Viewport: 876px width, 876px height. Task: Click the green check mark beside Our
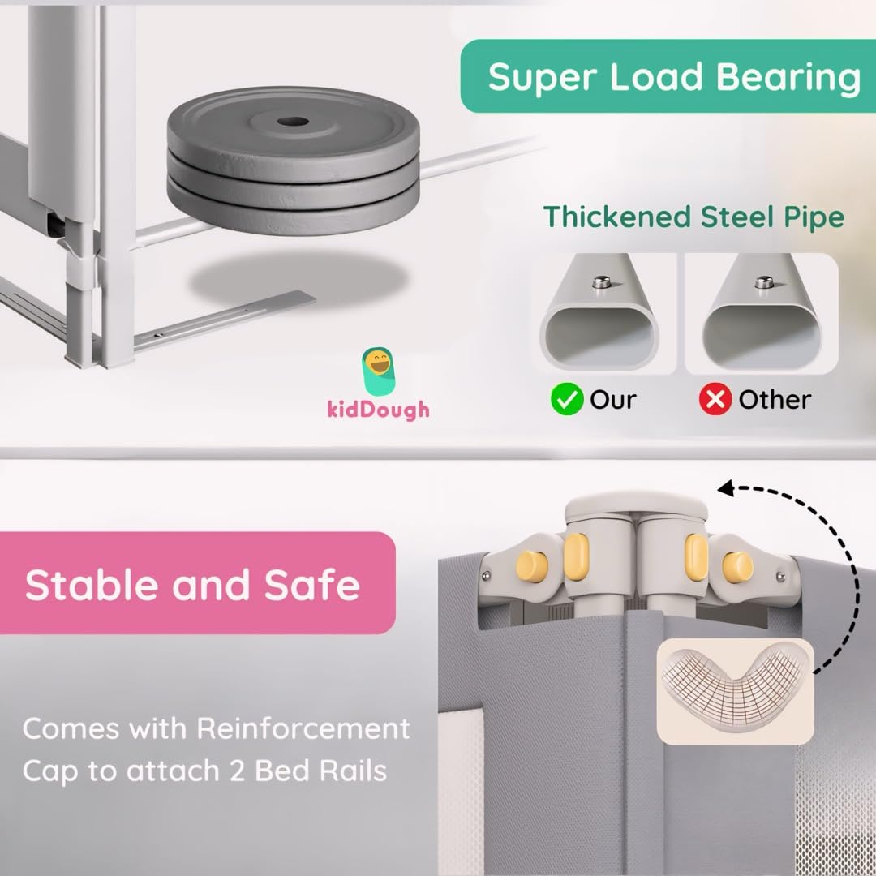[x=567, y=399]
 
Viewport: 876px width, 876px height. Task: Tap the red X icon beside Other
[x=715, y=399]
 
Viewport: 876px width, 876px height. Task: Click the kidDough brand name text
[x=378, y=409]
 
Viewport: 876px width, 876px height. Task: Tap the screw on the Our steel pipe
[x=603, y=281]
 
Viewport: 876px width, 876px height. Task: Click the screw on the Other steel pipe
[x=762, y=281]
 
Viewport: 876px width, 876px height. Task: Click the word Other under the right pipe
[x=774, y=399]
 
